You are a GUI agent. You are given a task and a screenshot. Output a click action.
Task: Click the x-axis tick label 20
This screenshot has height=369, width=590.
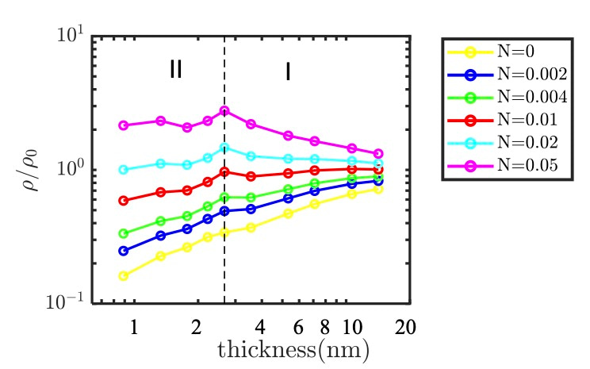click(405, 327)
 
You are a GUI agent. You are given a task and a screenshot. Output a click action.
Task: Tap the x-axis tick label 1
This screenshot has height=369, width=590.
click(134, 327)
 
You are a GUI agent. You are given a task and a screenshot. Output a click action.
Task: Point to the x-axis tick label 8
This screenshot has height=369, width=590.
click(324, 327)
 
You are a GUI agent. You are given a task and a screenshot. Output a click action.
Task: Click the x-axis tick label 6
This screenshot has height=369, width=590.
click(298, 327)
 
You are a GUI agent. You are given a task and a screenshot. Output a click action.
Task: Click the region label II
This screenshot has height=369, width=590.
click(176, 70)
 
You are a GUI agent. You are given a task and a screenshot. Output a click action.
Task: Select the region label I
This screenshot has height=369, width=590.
click(288, 71)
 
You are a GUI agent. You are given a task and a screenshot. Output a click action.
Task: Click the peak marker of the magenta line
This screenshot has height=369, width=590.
click(224, 110)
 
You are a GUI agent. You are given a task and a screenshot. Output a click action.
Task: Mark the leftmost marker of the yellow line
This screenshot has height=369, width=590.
click(123, 276)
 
